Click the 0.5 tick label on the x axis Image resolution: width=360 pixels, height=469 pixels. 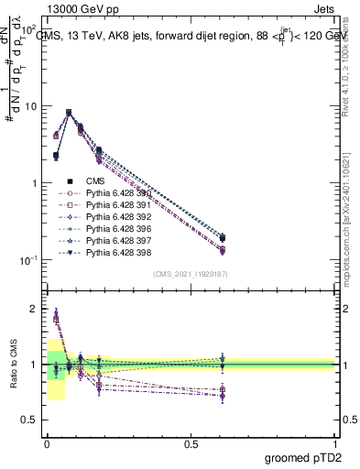pos(191,444)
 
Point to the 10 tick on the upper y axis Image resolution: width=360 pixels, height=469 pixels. pos(31,106)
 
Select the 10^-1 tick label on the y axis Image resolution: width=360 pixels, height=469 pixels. pos(27,259)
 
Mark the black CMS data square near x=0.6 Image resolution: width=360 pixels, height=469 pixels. pos(223,238)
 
